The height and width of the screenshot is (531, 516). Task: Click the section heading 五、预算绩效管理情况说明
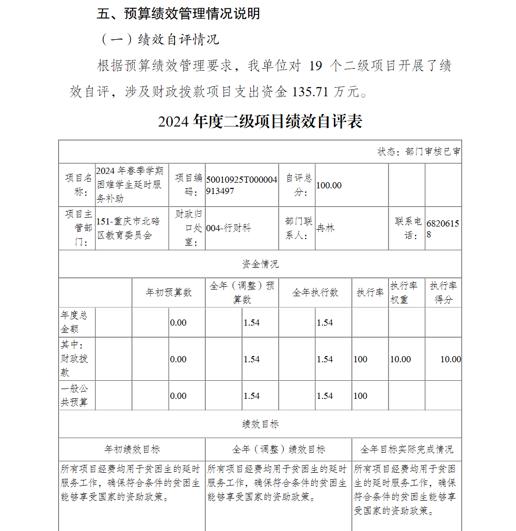pyautogui.click(x=179, y=14)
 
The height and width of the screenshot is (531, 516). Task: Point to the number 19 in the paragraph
pyautogui.click(x=317, y=66)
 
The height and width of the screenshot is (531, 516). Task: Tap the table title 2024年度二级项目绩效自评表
pyautogui.click(x=260, y=122)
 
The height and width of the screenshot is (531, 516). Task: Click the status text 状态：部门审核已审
pyautogui.click(x=419, y=152)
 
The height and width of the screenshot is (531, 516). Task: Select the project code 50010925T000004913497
pyautogui.click(x=241, y=185)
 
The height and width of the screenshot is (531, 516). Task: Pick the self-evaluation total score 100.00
pyautogui.click(x=329, y=185)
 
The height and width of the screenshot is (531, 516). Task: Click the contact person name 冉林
pyautogui.click(x=326, y=228)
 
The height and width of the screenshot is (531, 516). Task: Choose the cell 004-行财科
pyautogui.click(x=229, y=228)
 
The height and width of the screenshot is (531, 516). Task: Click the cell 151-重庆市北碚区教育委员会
pyautogui.click(x=128, y=228)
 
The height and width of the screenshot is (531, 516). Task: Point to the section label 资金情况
pyautogui.click(x=260, y=264)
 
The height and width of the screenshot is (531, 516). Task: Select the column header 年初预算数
pyautogui.click(x=169, y=293)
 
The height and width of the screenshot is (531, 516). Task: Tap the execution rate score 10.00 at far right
pyautogui.click(x=450, y=359)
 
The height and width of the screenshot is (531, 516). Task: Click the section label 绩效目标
pyautogui.click(x=260, y=424)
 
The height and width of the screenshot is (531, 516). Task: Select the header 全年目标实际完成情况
pyautogui.click(x=407, y=449)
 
